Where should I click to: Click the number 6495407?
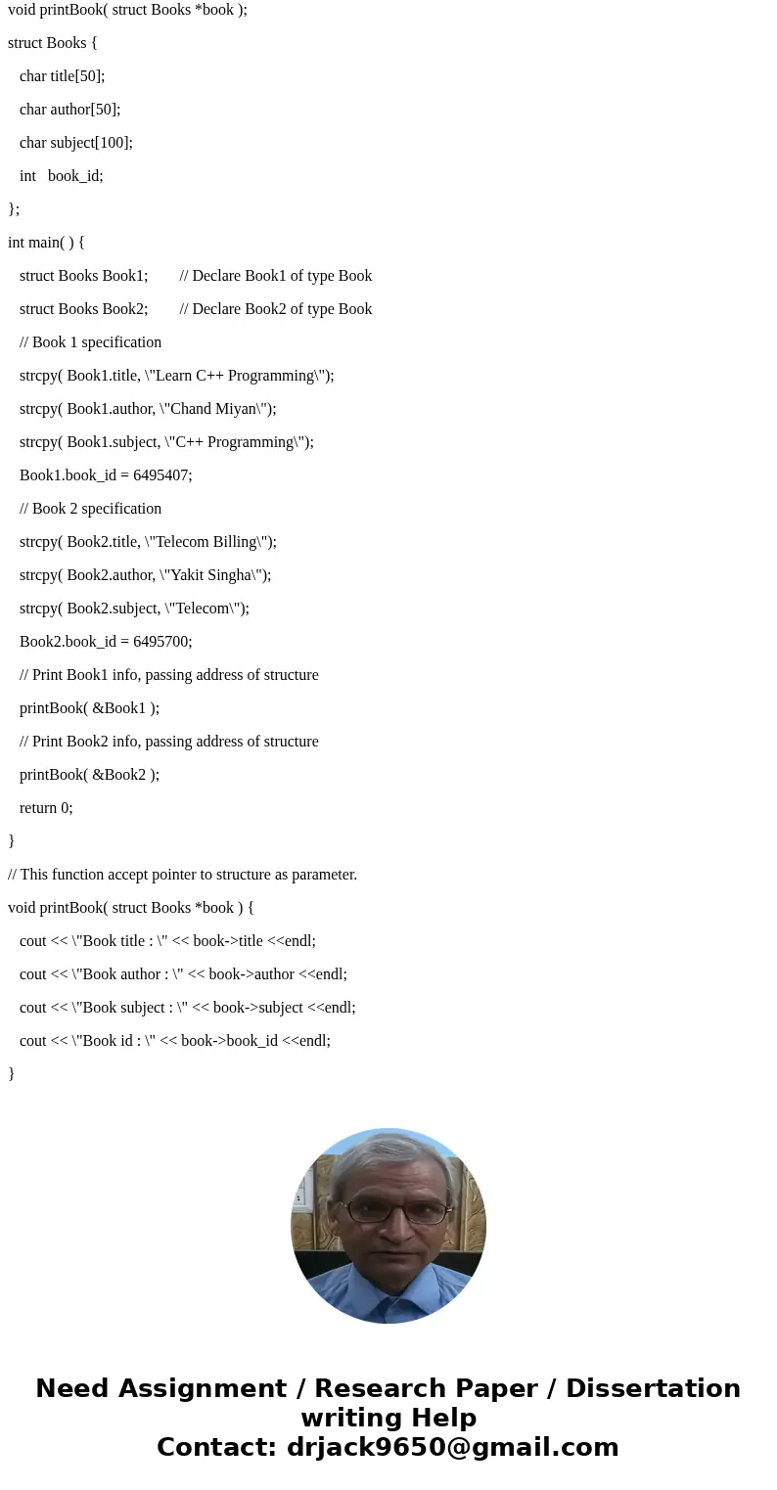coord(162,475)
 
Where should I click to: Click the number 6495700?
coord(162,642)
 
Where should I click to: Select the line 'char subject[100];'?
coord(76,143)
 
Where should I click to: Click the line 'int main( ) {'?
coord(46,243)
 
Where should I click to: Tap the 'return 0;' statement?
coord(46,808)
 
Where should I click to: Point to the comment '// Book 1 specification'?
coord(90,342)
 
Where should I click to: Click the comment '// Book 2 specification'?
coord(90,509)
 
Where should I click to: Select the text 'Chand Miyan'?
coord(213,409)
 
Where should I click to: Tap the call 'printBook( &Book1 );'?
coord(89,708)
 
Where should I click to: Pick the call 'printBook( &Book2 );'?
coord(89,775)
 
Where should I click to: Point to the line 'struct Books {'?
coord(52,43)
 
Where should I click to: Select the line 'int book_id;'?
coord(61,176)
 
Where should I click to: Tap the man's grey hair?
coord(388,1159)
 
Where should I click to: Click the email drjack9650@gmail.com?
coord(452,1447)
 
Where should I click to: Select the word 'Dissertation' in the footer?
coord(653,1388)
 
